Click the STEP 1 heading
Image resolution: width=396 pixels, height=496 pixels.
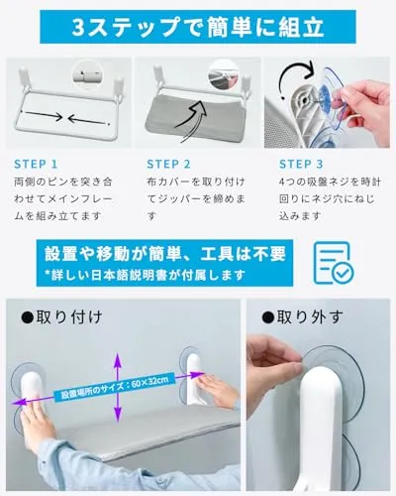pos(36,164)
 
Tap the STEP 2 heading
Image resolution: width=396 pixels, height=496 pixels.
pos(168,164)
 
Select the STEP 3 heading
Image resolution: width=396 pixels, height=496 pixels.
pos(301,164)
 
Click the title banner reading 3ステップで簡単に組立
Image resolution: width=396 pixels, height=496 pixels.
pos(198,27)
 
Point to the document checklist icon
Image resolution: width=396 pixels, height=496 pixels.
pos(334,263)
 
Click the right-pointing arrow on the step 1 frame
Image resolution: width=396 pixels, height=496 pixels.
pos(42,115)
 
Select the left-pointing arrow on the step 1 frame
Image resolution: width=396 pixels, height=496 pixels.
pos(89,121)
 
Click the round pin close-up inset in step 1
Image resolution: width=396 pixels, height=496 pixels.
pos(87,75)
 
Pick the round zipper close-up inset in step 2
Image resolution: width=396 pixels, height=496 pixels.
pos(224,75)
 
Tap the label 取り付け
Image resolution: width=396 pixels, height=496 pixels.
pos(61,317)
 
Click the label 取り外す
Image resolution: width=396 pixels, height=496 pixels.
pos(302,317)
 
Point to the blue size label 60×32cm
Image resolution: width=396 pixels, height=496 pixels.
pos(114,387)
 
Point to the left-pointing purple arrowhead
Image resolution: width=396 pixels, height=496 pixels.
pos(18,402)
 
